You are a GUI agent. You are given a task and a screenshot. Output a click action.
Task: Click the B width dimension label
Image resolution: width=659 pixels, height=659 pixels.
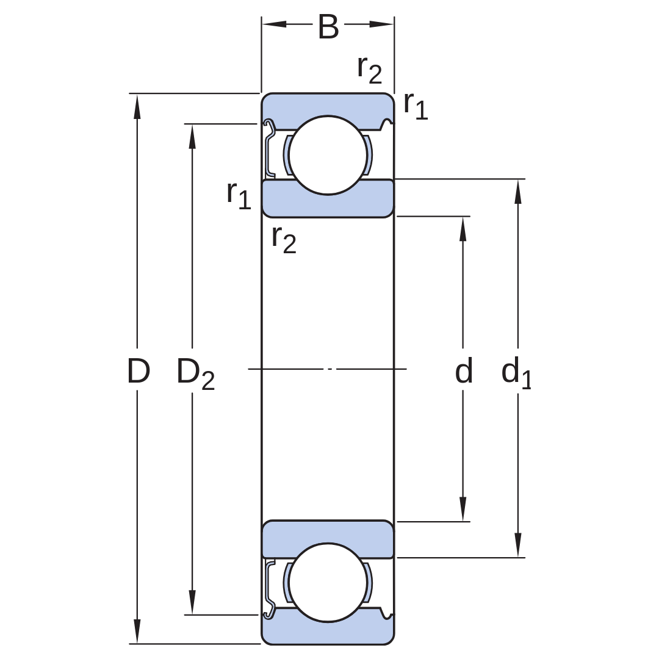pos(328,26)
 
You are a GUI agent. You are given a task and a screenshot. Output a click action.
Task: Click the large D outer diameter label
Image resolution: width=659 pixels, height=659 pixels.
pos(139,371)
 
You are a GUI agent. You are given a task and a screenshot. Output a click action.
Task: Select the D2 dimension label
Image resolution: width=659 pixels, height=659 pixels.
pos(195,373)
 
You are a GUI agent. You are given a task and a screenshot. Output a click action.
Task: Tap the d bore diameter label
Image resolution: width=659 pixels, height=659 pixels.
pos(464,370)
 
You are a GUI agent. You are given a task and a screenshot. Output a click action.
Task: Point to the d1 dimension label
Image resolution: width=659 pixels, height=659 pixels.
pos(517,372)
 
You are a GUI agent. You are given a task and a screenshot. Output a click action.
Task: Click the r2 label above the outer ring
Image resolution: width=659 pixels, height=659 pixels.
pos(369,70)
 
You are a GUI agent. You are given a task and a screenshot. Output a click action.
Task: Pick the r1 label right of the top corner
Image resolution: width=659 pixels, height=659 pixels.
pos(416,106)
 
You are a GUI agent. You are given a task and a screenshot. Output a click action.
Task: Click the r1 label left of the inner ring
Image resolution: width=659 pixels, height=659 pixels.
pos(239,195)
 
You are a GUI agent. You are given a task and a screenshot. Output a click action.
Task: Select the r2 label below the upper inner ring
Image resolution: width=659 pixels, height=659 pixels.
pos(284,240)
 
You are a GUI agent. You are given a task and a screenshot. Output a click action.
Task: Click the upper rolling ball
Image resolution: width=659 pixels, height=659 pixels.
pos(328,155)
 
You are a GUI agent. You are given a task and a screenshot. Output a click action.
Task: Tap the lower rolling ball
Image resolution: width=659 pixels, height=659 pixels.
pos(328,582)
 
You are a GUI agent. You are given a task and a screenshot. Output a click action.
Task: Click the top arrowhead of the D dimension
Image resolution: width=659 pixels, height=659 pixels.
pos(137,106)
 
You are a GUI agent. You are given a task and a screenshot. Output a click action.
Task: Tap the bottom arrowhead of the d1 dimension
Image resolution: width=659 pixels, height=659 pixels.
pos(518,545)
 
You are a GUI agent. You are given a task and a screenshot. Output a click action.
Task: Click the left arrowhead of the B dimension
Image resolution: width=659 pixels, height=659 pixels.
pos(275,24)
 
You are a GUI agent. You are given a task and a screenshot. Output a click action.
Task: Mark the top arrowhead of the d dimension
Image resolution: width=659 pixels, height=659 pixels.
pos(463,229)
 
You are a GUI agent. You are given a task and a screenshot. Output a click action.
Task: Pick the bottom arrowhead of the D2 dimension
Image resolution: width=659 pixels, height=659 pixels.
pos(192,602)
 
